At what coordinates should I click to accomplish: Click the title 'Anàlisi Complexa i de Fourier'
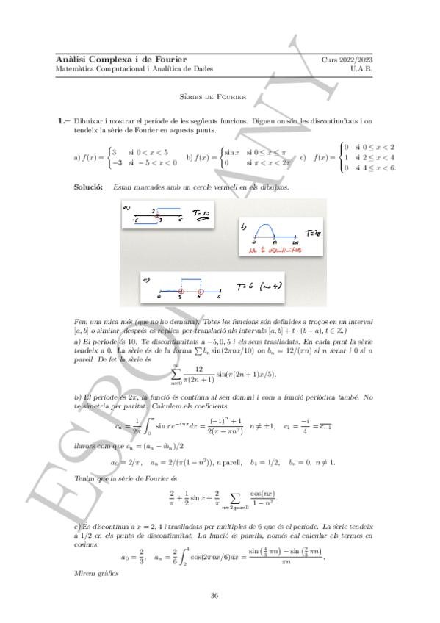(121, 59)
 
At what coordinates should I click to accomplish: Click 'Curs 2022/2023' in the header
(347, 59)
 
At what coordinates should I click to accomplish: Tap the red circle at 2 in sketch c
(181, 292)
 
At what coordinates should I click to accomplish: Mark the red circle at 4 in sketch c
(200, 292)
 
